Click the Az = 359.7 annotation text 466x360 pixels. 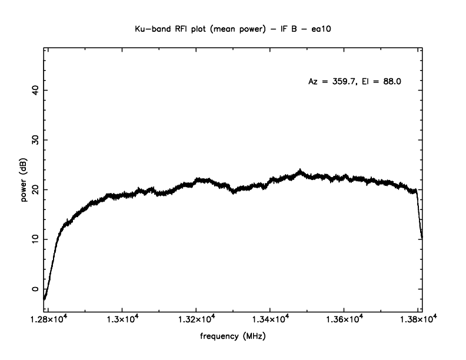[332, 82]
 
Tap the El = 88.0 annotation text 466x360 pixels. [385, 82]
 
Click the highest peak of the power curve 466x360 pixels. [300, 171]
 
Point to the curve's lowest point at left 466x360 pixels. [45, 299]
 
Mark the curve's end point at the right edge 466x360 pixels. [422, 237]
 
